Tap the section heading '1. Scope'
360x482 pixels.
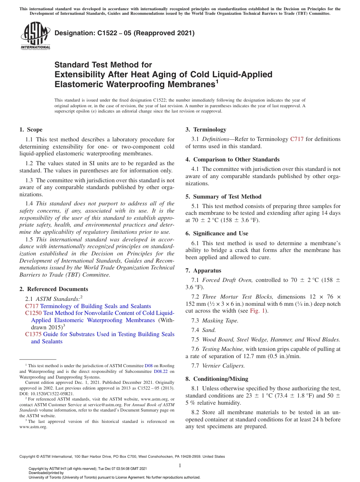click(x=31, y=130)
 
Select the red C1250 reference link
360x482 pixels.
click(x=33, y=313)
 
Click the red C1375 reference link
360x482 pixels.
click(x=33, y=334)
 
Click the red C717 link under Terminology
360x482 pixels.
click(x=296, y=139)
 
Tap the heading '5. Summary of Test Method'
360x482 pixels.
click(x=223, y=196)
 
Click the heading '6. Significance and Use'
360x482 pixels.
click(x=217, y=233)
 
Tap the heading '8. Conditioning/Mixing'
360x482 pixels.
click(x=217, y=379)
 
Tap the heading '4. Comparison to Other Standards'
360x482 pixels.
click(x=232, y=159)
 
